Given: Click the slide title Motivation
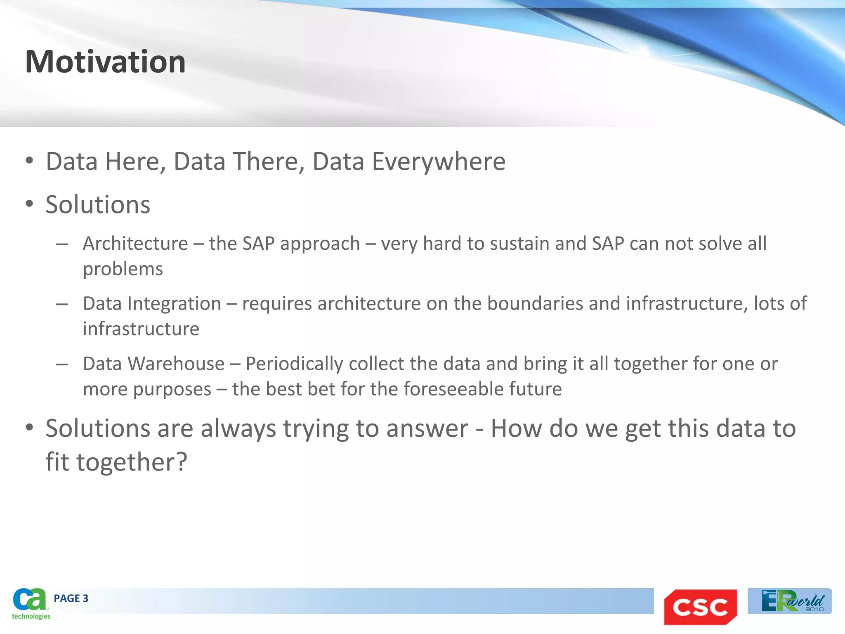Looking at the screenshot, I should pos(105,62).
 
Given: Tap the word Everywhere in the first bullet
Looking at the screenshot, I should pos(439,161).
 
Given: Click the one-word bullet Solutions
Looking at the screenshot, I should pos(98,205).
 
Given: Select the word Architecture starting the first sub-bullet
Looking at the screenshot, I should pos(135,244).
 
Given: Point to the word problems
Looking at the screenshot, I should pos(123,269).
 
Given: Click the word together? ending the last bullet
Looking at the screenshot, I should pos(132,462).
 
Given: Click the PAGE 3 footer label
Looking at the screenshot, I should pos(71,599).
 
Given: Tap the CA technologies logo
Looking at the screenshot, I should pos(31,603).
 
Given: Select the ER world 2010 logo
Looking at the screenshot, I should pos(790,601).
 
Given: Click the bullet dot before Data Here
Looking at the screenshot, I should pos(29,161).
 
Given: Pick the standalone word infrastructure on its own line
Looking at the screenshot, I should pos(141,329).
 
